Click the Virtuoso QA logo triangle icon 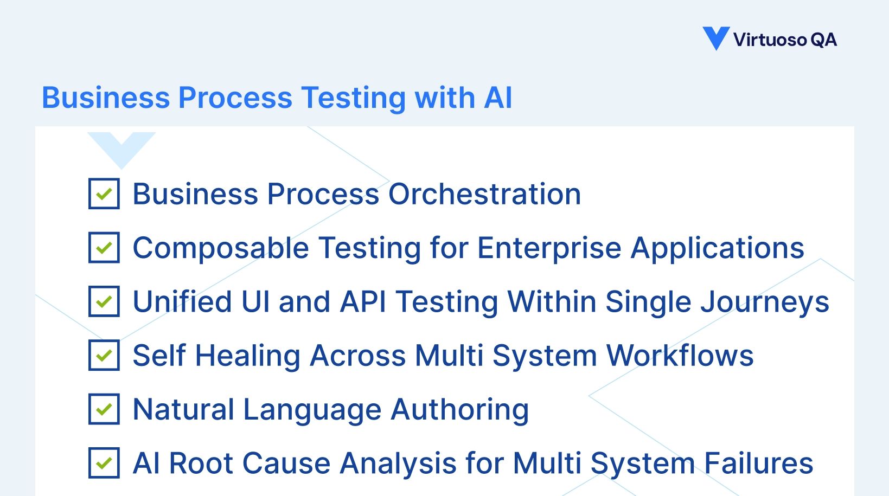715,37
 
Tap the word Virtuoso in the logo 770,40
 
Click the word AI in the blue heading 498,98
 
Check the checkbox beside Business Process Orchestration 104,194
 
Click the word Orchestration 484,194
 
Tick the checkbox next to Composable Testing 104,248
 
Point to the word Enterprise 549,249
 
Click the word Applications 717,249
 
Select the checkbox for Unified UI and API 104,301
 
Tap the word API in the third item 363,302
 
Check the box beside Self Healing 104,355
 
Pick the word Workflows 680,356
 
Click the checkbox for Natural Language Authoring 104,409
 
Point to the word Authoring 460,410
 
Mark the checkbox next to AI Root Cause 104,462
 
